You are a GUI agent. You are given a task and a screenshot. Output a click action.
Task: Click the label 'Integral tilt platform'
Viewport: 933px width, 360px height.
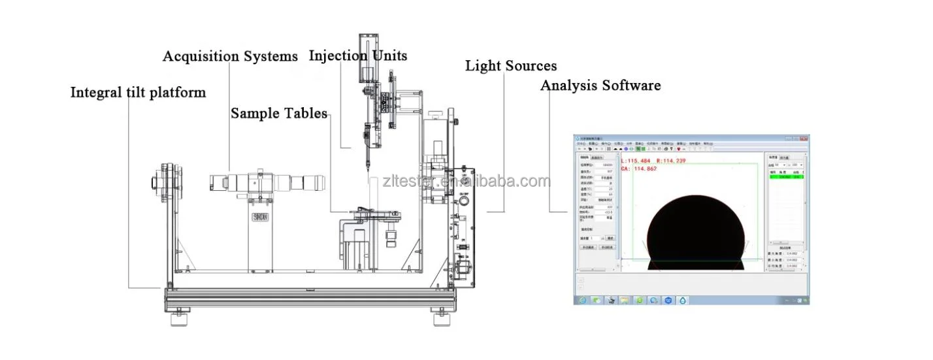click(x=138, y=93)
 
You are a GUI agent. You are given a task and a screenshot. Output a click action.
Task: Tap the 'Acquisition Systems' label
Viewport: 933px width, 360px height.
click(x=230, y=57)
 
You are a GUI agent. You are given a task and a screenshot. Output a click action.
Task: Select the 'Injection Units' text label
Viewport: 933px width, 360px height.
click(x=358, y=56)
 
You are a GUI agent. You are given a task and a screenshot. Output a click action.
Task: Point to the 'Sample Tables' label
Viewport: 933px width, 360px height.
click(x=279, y=114)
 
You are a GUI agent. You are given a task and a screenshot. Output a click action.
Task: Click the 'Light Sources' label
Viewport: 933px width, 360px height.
click(x=511, y=66)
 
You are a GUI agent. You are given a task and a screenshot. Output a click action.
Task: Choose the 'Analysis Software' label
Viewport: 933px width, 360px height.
click(x=600, y=86)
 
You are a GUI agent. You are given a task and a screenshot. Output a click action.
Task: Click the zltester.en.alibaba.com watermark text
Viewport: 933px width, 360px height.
click(x=467, y=181)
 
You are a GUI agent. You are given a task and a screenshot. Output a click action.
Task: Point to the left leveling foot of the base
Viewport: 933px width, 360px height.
click(x=178, y=321)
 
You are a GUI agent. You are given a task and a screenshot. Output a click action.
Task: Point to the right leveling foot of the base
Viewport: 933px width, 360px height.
click(x=440, y=321)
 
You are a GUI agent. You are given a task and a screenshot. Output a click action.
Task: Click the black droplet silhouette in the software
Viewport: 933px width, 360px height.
click(x=695, y=232)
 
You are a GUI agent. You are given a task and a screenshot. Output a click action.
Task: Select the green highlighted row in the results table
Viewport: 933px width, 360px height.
click(x=786, y=176)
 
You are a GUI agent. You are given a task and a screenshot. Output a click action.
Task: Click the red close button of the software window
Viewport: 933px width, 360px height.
click(x=805, y=139)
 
